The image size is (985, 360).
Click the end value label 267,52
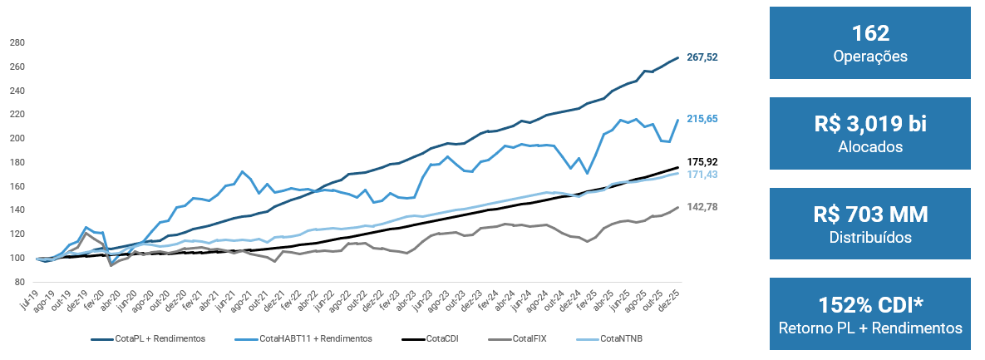[702, 57]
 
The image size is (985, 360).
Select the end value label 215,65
[702, 119]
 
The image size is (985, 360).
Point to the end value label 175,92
[702, 162]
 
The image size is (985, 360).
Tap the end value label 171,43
[702, 175]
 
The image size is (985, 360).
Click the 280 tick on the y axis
[17, 42]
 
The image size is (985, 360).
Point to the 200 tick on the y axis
[17, 138]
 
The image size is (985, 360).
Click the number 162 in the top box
[870, 33]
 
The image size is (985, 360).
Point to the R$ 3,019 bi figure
[870, 125]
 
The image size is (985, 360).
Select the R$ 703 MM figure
[870, 215]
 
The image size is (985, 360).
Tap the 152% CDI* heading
[870, 305]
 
